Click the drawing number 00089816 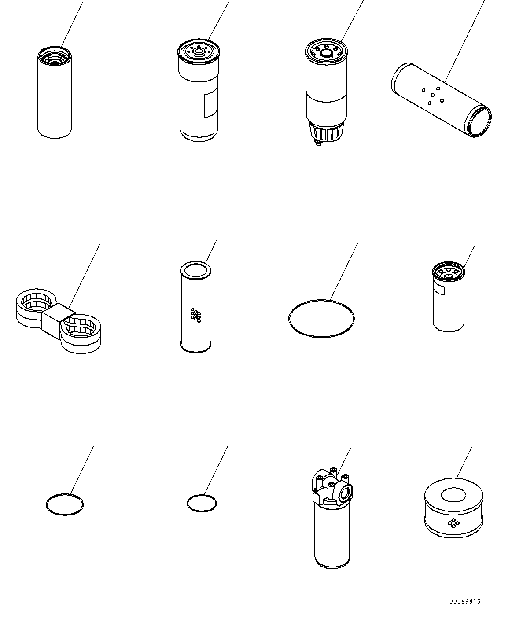[x=465, y=601]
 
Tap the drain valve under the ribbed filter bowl [x=317, y=143]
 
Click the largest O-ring [x=321, y=318]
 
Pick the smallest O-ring [x=202, y=503]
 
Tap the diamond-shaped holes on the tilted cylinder [x=432, y=96]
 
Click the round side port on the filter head [x=345, y=491]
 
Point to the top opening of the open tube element [x=196, y=269]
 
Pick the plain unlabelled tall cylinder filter [x=55, y=97]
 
